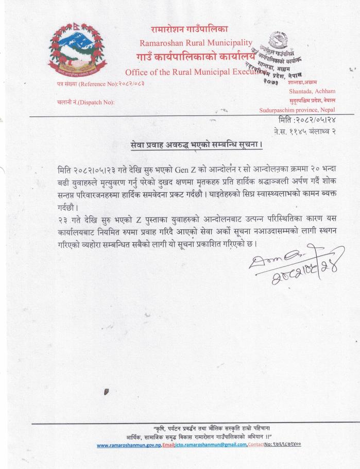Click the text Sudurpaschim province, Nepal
(x=297, y=110)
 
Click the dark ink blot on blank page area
(x=107, y=393)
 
